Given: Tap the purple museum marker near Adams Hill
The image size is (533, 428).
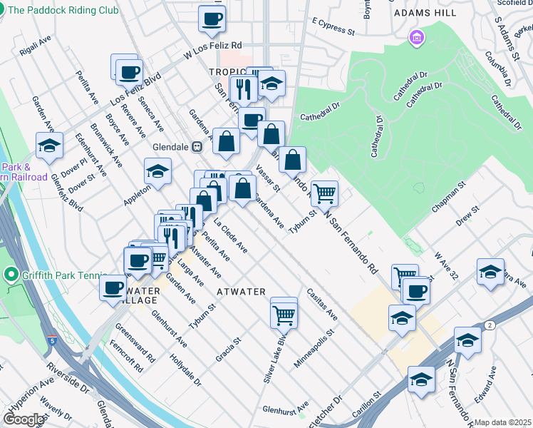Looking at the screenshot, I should tap(416, 36).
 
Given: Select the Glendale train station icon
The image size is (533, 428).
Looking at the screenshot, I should tap(198, 146).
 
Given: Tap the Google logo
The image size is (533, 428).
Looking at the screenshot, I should tap(24, 419).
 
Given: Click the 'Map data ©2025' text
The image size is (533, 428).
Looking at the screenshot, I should tap(503, 422).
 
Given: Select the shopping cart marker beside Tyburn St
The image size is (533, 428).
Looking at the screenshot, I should tap(324, 192).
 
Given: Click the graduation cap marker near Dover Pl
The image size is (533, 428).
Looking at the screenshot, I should tap(49, 146).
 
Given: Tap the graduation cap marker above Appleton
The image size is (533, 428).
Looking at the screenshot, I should tap(157, 170).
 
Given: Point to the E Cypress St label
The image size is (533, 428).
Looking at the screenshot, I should tap(333, 27).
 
